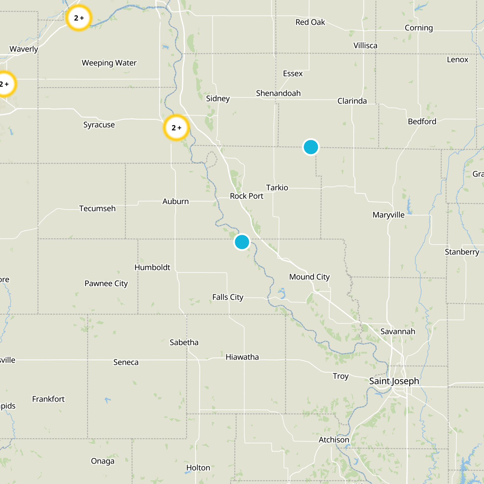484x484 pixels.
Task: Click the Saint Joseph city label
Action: [394, 381]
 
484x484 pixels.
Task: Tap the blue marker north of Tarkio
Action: [311, 147]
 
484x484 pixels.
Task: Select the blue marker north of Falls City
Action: [242, 242]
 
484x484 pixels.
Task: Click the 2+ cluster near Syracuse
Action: [176, 128]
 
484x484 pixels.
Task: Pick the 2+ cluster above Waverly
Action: [79, 18]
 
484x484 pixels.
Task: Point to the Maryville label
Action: [388, 215]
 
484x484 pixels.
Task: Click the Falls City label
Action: [228, 297]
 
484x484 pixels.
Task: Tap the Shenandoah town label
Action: [278, 93]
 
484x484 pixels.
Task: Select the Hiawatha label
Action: [242, 357]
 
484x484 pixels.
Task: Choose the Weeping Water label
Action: [109, 63]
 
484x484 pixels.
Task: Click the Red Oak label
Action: [310, 22]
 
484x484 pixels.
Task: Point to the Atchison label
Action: [334, 440]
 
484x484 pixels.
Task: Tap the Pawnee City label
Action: [106, 283]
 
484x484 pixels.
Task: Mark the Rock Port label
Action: [247, 196]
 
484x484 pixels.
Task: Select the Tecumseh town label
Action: [97, 208]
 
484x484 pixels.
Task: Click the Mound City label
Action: [309, 277]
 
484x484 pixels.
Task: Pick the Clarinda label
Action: [352, 101]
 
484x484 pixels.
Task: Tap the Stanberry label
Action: [462, 252]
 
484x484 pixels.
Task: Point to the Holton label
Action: [198, 468]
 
